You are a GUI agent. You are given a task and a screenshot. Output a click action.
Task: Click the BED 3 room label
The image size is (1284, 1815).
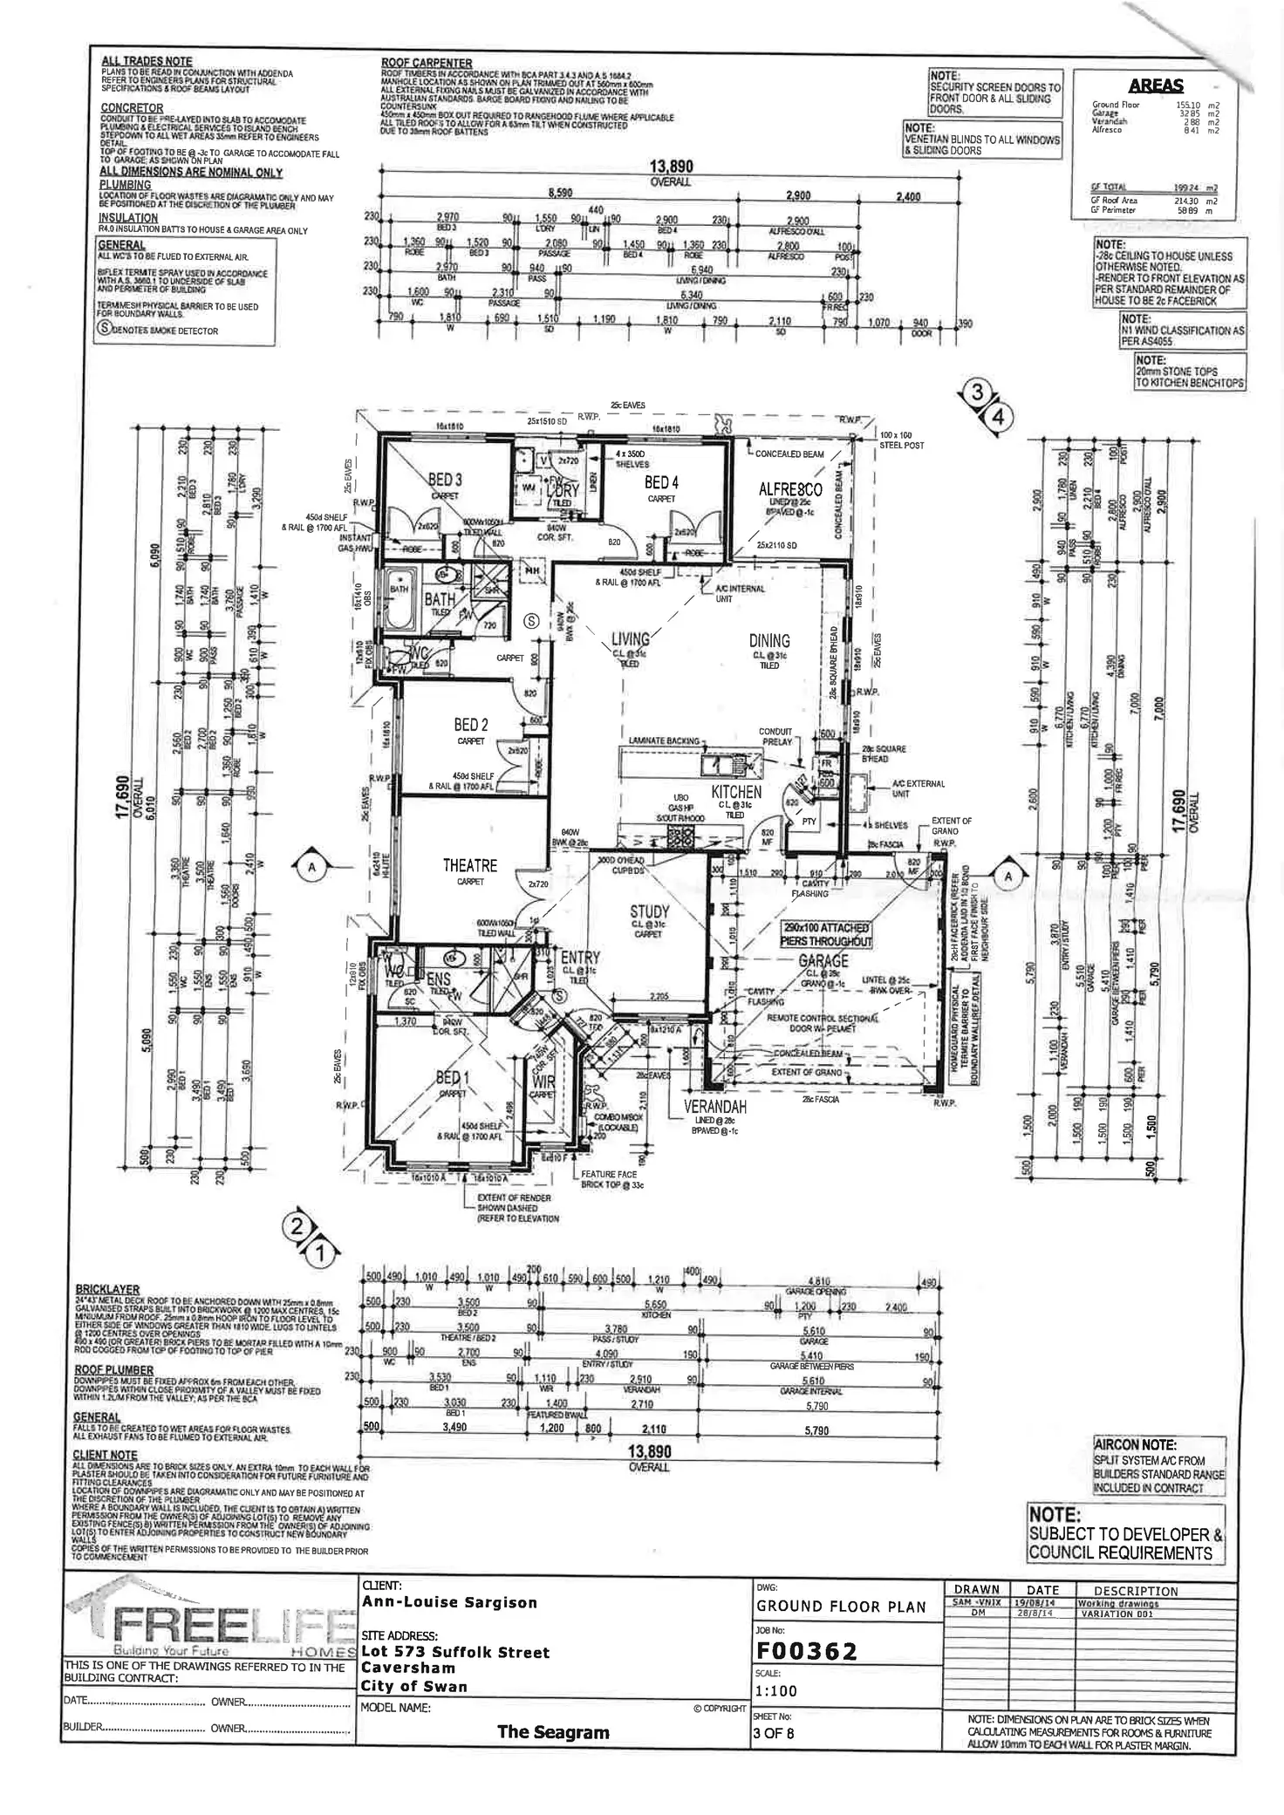(x=445, y=480)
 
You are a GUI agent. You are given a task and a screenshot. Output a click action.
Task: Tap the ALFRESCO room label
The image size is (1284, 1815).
(x=790, y=490)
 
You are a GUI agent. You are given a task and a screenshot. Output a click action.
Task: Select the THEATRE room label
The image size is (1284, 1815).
(x=469, y=865)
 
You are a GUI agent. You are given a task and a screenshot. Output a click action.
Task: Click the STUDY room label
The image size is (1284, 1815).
(x=650, y=912)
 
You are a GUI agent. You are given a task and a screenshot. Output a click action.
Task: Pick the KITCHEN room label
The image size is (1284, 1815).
(x=736, y=792)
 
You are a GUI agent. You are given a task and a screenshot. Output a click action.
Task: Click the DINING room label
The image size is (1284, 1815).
(x=768, y=640)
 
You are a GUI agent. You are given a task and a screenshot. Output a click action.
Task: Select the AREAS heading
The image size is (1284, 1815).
(x=1156, y=85)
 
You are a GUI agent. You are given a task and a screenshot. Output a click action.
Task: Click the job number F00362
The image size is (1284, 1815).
(x=807, y=1651)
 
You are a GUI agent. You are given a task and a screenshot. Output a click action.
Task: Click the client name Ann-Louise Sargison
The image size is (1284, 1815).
(x=449, y=1602)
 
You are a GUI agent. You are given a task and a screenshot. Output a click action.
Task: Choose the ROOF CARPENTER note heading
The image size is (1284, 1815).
(x=427, y=63)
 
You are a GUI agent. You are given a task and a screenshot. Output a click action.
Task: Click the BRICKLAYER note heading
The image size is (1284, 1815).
(x=107, y=1289)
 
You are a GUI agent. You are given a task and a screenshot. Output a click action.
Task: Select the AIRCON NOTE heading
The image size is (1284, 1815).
(x=1135, y=1445)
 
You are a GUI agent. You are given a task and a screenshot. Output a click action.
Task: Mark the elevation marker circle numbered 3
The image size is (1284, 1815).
(x=979, y=393)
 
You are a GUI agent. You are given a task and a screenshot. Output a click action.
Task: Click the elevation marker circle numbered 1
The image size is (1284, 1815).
(x=319, y=1255)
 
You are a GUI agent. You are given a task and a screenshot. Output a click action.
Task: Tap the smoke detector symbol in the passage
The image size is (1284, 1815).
(x=529, y=621)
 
